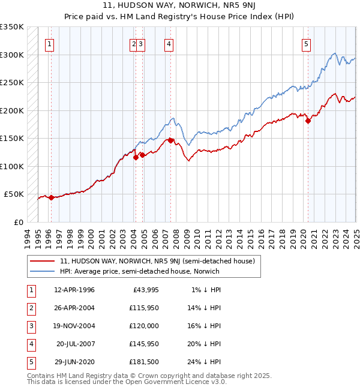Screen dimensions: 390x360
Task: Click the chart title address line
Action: (180, 7)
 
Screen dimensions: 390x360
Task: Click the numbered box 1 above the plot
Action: (49, 43)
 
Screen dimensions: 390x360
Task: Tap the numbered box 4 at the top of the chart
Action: (169, 43)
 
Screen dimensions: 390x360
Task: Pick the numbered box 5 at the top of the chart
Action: (306, 43)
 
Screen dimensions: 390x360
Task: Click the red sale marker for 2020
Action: (308, 121)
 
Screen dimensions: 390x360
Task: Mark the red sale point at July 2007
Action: (171, 140)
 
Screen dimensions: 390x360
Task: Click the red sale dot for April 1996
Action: (51, 197)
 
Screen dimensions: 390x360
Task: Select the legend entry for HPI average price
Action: (140, 271)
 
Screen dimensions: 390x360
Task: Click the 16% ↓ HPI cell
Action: (205, 326)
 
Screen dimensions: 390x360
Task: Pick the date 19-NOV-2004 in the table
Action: (74, 326)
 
